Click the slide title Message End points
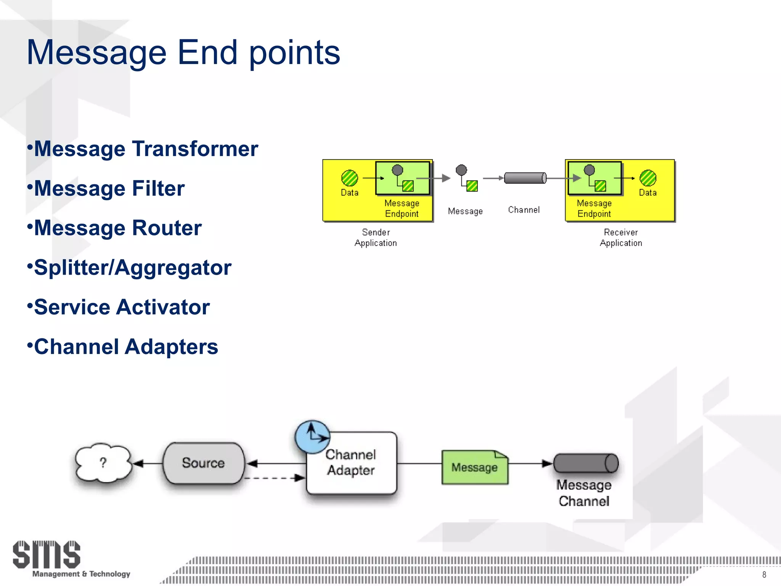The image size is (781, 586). click(183, 53)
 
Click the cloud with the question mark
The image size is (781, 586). click(103, 463)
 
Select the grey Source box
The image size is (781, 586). click(203, 463)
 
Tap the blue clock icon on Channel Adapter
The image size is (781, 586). click(312, 437)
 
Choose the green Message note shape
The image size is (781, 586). click(474, 467)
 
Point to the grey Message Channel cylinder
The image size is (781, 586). click(585, 464)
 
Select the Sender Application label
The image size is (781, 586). click(376, 238)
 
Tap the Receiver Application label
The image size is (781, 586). click(621, 238)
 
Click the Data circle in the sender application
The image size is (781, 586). click(349, 178)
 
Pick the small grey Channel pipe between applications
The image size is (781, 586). click(525, 178)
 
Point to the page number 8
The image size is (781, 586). click(764, 575)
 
